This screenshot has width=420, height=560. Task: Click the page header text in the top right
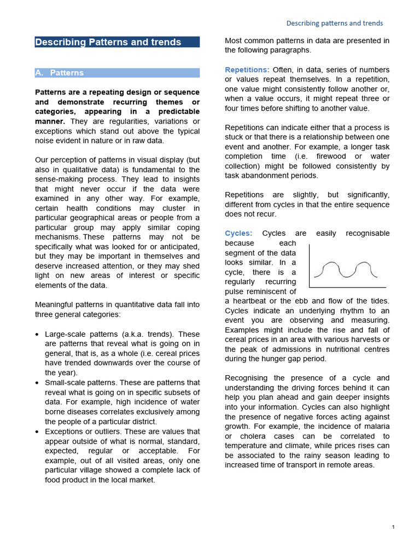tap(335, 23)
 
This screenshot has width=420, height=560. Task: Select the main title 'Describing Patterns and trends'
tap(108, 42)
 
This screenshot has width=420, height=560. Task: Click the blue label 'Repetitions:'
tap(247, 70)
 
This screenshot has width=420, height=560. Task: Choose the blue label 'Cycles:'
tap(238, 234)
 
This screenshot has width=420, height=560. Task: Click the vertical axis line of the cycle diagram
tap(310, 265)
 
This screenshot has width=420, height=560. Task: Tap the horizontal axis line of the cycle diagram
tap(347, 287)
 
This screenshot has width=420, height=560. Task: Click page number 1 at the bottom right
tap(393, 527)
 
